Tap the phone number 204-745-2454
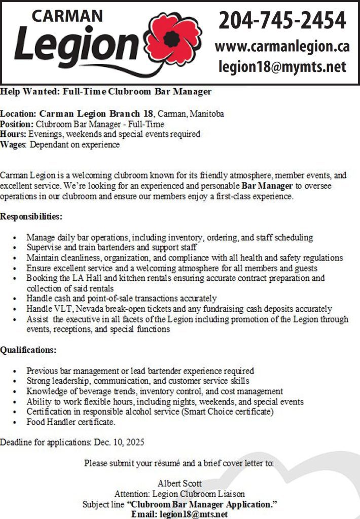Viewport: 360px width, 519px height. point(282,21)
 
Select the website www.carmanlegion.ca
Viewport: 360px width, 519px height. point(282,46)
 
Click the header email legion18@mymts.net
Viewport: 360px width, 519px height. point(282,66)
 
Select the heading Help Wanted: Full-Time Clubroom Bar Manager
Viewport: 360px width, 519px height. point(105,92)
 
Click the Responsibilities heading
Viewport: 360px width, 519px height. point(31,217)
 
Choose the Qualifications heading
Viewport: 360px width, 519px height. point(28,350)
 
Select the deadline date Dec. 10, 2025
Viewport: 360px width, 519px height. point(119,442)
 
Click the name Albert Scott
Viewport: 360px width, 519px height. point(179,483)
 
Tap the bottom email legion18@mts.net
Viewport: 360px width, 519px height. point(193,514)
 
